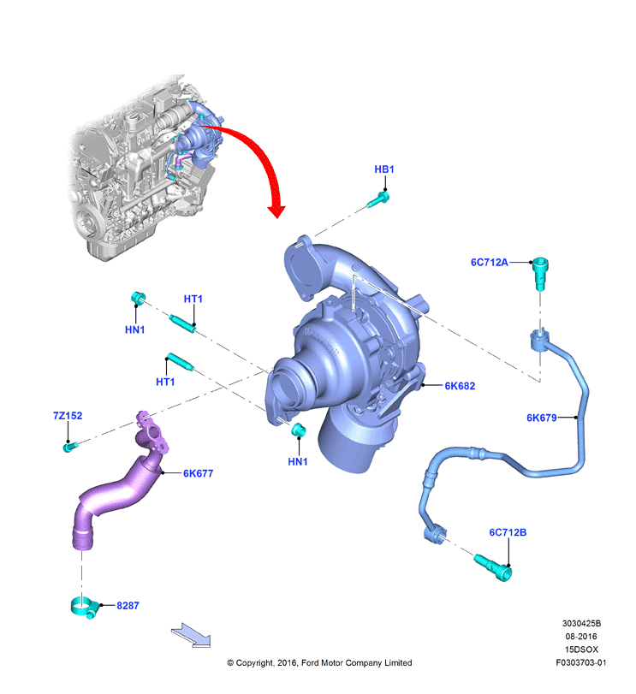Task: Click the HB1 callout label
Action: [x=383, y=169]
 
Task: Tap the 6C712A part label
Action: [x=489, y=263]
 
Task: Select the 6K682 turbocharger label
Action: [x=460, y=386]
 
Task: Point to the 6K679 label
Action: [x=542, y=418]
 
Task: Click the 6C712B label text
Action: [x=508, y=532]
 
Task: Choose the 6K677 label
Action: [x=199, y=473]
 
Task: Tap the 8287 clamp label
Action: [x=128, y=606]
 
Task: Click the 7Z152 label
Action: [x=68, y=416]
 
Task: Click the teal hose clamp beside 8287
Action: [x=84, y=608]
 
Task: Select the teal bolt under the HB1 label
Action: [x=378, y=199]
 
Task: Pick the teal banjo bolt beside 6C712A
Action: [x=540, y=273]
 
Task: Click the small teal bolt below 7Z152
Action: [x=70, y=447]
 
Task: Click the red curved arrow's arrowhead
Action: [x=277, y=211]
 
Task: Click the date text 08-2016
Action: [x=581, y=637]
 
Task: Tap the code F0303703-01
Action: [x=581, y=662]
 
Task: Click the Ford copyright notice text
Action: [x=319, y=662]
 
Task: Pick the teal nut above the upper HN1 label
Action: [x=138, y=298]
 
